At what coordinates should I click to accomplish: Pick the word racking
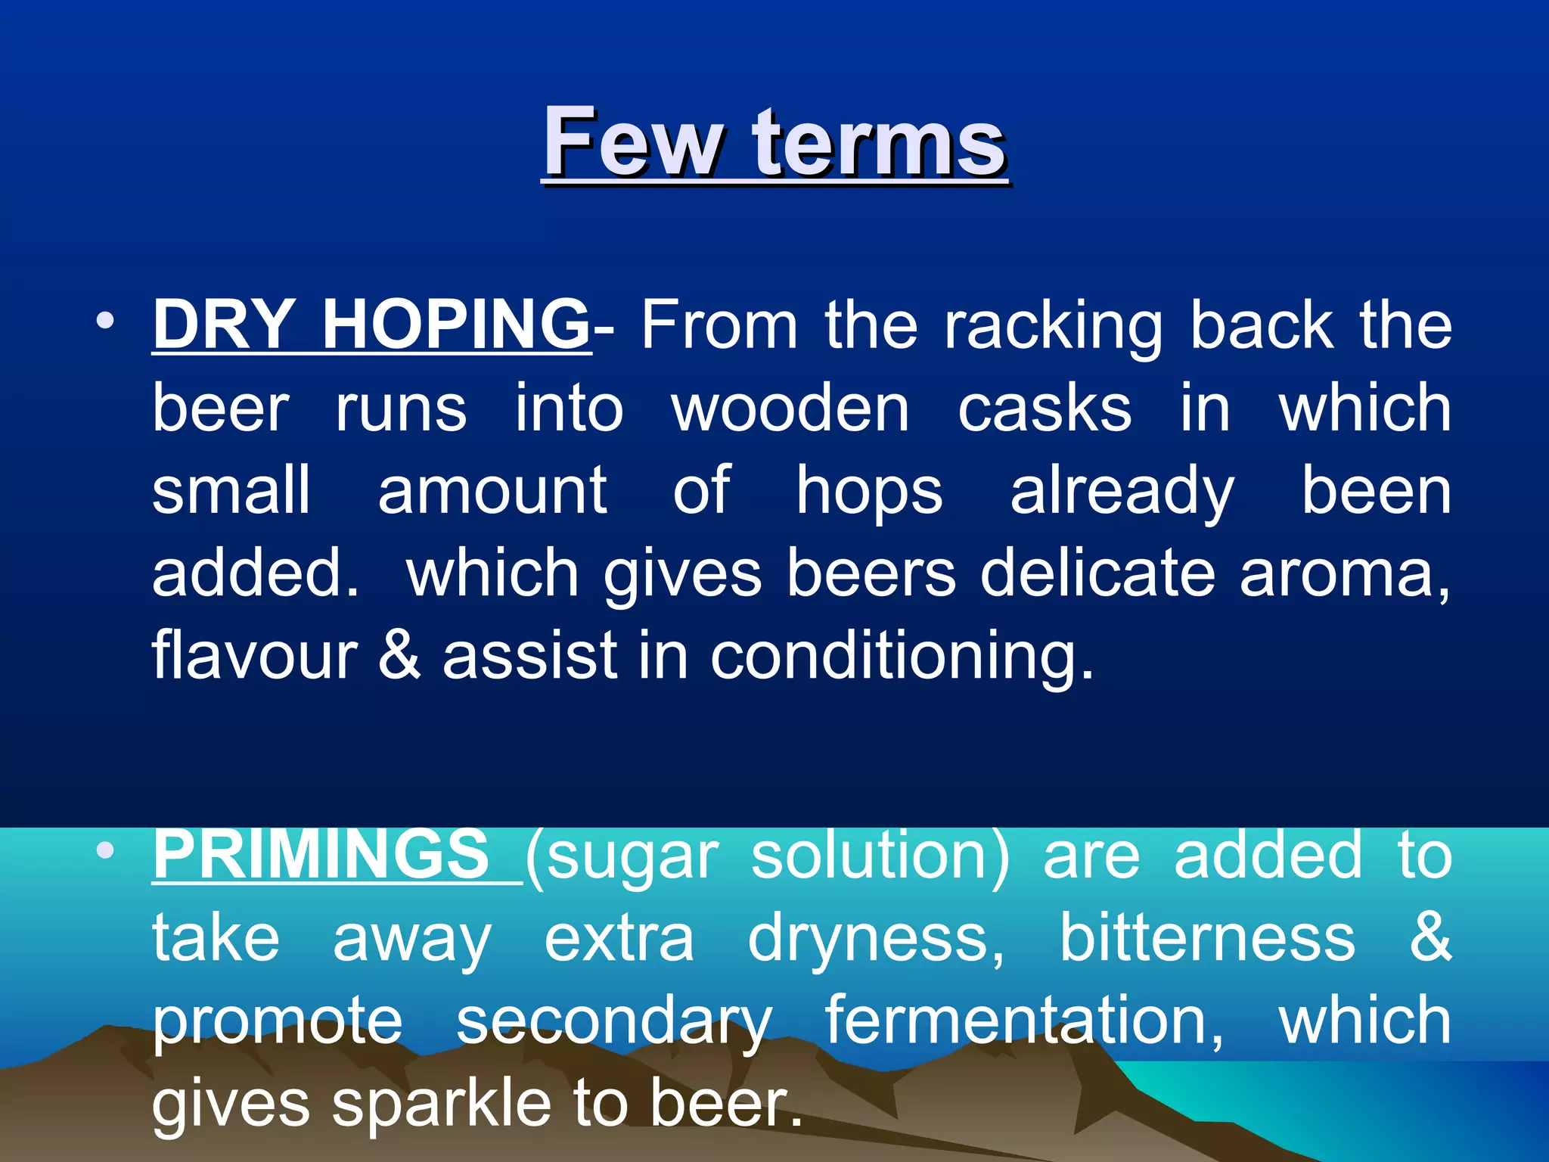[x=1053, y=327]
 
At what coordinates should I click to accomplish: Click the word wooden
[x=790, y=409]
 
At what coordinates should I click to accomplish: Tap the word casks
[x=1045, y=409]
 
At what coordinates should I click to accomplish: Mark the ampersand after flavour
[x=399, y=655]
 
